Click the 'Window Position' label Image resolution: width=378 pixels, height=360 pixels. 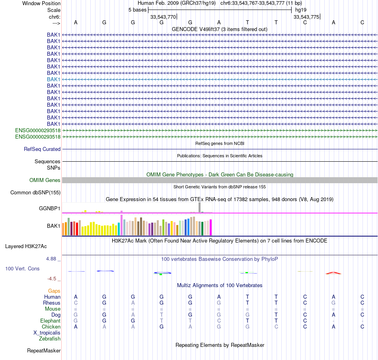[x=41, y=3]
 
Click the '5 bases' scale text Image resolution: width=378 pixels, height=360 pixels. [x=137, y=10]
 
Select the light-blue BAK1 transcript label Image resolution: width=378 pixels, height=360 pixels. [x=53, y=79]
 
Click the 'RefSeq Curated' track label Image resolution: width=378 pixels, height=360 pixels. [x=42, y=149]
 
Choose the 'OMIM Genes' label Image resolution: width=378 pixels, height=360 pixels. [x=45, y=180]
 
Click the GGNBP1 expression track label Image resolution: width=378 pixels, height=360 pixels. [x=49, y=208]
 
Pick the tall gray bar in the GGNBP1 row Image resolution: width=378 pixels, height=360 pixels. [x=199, y=207]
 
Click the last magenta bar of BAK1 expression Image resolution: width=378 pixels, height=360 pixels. [x=210, y=227]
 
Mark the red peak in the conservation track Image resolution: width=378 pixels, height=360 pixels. [x=333, y=273]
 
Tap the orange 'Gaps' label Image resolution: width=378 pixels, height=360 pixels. [x=54, y=291]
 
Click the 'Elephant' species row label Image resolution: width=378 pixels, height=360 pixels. [x=50, y=321]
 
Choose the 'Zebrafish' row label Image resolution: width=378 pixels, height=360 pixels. [x=50, y=338]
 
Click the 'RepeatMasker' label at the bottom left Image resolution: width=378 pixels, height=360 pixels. [x=44, y=351]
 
